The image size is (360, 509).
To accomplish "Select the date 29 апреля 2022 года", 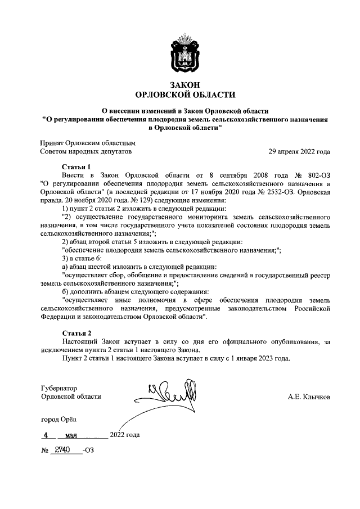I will [299, 152].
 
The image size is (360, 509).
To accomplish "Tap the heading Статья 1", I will [75, 167].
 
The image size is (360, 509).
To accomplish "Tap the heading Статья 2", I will [75, 334].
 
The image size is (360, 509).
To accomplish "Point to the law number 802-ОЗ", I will [315, 175].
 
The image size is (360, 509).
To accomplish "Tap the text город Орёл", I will [57, 419].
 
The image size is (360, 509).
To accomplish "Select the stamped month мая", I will [71, 435].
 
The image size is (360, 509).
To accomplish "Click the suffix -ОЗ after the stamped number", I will [88, 451].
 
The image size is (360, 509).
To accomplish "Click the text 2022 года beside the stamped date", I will [125, 435].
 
